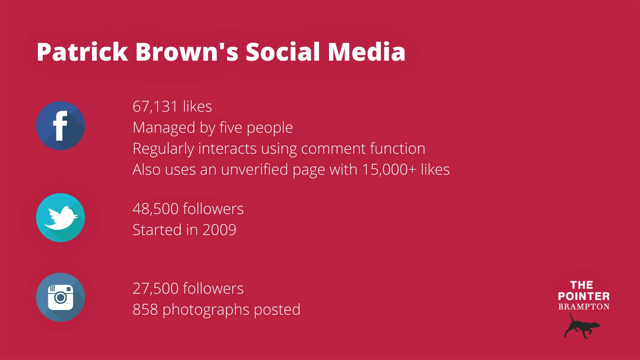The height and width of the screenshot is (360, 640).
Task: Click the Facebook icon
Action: pos(60,126)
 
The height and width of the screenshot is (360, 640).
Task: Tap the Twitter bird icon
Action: pos(60,218)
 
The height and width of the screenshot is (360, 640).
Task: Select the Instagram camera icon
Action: pos(60,297)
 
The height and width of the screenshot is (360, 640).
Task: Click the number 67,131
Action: pos(155,107)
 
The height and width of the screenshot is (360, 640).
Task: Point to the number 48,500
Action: pos(156,209)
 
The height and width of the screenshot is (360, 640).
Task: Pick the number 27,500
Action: pos(156,289)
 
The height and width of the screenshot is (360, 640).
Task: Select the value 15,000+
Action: pos(389,170)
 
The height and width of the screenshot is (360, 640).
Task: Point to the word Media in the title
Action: pos(367,52)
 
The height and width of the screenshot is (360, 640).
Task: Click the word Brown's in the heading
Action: pos(187,52)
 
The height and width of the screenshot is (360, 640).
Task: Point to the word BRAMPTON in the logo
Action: pos(584,307)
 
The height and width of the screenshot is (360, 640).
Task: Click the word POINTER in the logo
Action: pos(584,296)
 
